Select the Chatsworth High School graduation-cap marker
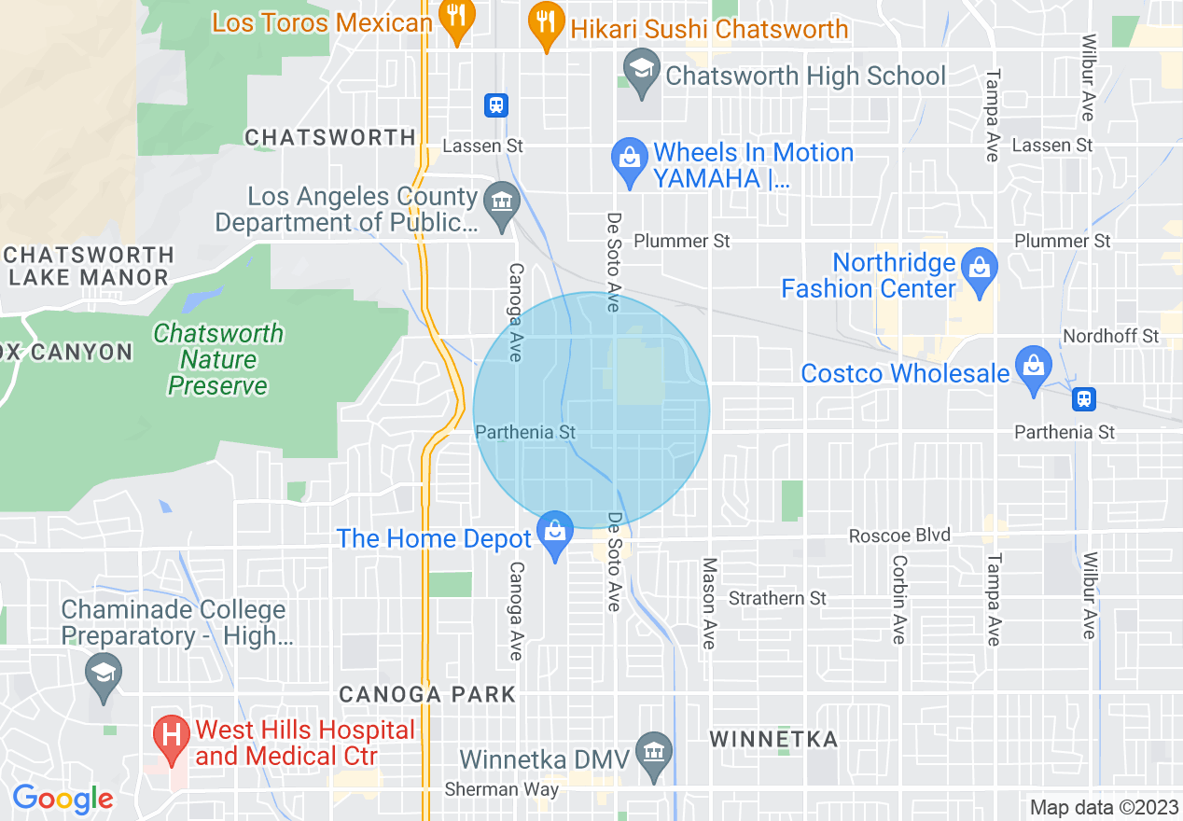point(641,74)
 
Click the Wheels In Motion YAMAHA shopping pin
point(630,160)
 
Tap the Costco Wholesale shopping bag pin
point(1033,369)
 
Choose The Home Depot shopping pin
point(555,536)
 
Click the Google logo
point(63,799)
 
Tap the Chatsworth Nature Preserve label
point(218,359)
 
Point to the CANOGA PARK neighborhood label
point(426,695)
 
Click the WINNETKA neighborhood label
point(773,740)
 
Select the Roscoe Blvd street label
point(899,536)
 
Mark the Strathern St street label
point(777,598)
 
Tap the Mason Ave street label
point(709,603)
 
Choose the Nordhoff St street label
point(1110,335)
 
